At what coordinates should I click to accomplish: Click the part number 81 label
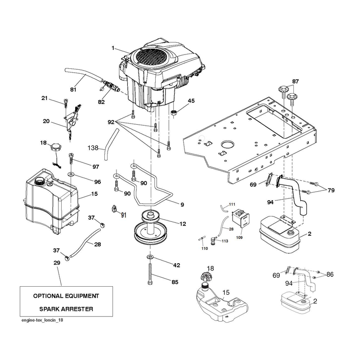tap(73, 89)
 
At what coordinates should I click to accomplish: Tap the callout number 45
tap(191, 101)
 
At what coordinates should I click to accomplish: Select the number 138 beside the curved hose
tap(93, 148)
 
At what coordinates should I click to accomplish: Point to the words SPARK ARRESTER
tap(66, 309)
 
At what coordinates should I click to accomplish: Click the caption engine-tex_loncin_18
tap(42, 320)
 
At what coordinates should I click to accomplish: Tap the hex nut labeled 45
tap(174, 112)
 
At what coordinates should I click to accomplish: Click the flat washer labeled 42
tap(150, 256)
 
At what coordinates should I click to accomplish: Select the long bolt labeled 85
tap(150, 274)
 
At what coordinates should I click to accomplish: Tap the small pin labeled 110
tap(201, 239)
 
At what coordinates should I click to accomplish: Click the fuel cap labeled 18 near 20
tap(55, 147)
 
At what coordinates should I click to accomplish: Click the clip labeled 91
tap(114, 209)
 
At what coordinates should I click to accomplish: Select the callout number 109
tap(239, 238)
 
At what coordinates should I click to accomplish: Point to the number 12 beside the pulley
tap(183, 224)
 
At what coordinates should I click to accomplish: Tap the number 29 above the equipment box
tap(57, 263)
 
